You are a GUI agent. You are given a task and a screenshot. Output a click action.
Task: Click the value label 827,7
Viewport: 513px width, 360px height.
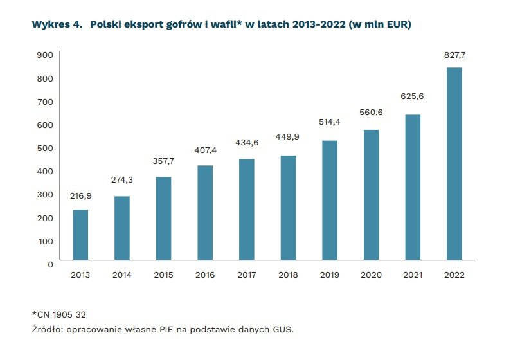point(454,55)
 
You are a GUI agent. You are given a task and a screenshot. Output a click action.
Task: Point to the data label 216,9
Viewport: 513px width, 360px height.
point(80,195)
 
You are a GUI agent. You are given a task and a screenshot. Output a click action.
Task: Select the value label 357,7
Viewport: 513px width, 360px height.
point(163,162)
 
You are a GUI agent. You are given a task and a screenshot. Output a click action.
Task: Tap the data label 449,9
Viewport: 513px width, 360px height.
point(288,136)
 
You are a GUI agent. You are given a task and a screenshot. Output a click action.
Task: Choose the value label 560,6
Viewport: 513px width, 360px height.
point(371,112)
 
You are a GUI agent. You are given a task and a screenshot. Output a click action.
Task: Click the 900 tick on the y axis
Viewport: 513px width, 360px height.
point(44,55)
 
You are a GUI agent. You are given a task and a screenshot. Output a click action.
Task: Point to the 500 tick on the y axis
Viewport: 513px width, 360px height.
point(44,148)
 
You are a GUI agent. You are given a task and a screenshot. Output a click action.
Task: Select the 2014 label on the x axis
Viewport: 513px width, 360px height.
point(122,274)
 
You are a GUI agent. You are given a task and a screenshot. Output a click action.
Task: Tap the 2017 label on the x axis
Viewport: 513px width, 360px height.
point(246,274)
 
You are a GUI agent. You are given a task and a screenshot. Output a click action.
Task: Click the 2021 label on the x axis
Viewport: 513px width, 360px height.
point(412,274)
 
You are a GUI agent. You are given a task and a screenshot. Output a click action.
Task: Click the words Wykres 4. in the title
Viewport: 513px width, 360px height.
point(57,25)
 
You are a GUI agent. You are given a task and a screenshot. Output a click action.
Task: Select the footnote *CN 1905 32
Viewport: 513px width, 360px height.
point(59,314)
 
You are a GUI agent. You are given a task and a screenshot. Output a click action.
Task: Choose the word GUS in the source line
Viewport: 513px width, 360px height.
point(282,330)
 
